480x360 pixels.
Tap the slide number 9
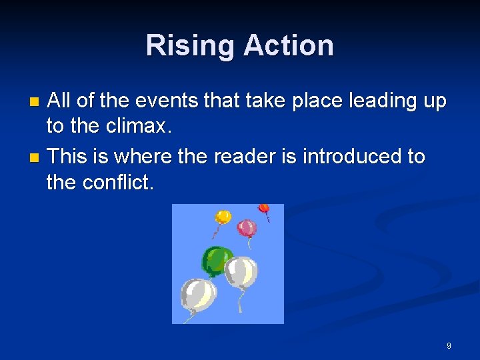449,346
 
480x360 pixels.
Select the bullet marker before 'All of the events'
35,103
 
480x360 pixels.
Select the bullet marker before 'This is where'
35,158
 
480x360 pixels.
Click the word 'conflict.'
118,182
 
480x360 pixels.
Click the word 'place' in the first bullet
311,102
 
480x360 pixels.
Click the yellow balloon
223,217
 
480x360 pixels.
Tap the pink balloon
247,228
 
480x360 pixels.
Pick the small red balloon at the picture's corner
264,209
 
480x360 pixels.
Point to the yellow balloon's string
216,231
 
